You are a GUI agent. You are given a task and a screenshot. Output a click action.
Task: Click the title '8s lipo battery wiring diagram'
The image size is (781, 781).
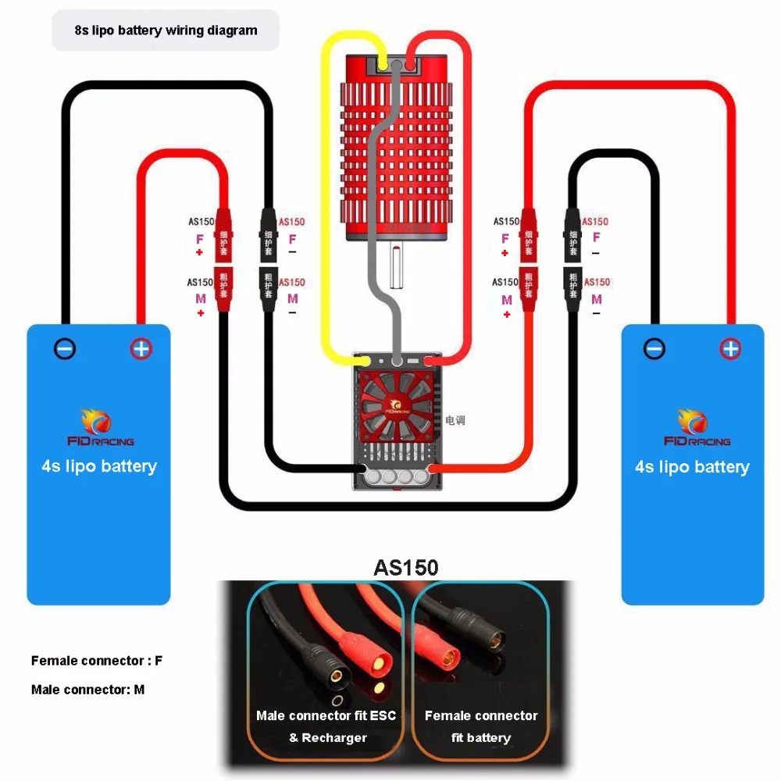click(166, 31)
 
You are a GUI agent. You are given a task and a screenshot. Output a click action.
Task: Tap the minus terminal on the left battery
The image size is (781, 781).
click(66, 348)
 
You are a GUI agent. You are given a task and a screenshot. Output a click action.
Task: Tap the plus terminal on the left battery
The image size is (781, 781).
click(141, 348)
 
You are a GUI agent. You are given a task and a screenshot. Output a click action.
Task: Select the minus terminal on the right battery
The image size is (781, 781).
click(654, 348)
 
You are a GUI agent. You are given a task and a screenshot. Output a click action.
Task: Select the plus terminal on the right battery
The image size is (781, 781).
click(730, 348)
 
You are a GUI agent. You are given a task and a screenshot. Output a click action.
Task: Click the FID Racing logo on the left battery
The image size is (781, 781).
click(99, 429)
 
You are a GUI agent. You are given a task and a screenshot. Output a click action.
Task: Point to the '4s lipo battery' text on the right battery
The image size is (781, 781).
click(692, 467)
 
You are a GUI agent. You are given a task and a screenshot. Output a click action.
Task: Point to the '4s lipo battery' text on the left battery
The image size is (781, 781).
click(99, 466)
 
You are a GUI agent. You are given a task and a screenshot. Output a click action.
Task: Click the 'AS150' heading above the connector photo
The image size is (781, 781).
click(406, 568)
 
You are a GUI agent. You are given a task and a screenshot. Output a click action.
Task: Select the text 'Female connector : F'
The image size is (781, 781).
click(97, 661)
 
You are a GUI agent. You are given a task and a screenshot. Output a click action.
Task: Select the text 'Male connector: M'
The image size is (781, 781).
click(87, 690)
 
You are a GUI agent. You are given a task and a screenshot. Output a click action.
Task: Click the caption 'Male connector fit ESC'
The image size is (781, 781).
click(326, 715)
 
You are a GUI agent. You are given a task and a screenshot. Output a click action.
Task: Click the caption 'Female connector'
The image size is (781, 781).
click(481, 715)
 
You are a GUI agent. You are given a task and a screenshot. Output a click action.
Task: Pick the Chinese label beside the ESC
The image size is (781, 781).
click(455, 420)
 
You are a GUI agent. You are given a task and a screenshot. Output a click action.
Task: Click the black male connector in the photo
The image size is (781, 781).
click(323, 656)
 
